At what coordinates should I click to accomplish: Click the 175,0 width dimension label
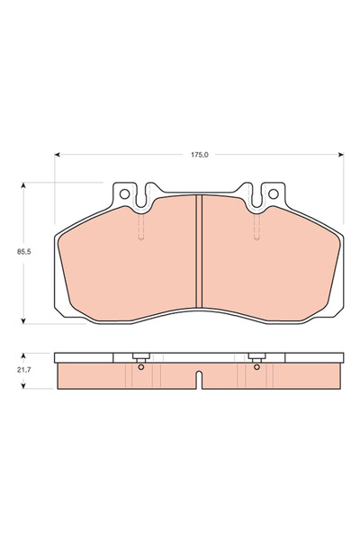[199, 155]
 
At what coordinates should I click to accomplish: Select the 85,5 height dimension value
[13, 254]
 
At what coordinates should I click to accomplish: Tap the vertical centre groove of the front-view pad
[199, 252]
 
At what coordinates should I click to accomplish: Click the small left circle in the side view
[141, 366]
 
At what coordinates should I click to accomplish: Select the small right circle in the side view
[257, 366]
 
